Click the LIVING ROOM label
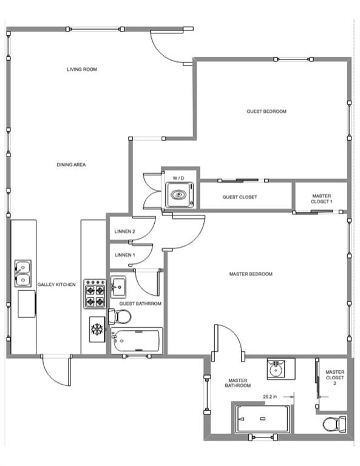point(82,69)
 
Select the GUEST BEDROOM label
point(266,111)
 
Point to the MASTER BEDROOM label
point(251,274)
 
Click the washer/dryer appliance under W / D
point(178,195)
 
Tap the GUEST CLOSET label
point(240,197)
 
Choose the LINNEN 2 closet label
point(124,231)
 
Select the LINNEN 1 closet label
point(124,255)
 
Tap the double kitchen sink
point(23,274)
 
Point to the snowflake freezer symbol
point(96,329)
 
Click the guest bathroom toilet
point(121,316)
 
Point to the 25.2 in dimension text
point(271,397)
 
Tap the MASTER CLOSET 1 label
point(321,199)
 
